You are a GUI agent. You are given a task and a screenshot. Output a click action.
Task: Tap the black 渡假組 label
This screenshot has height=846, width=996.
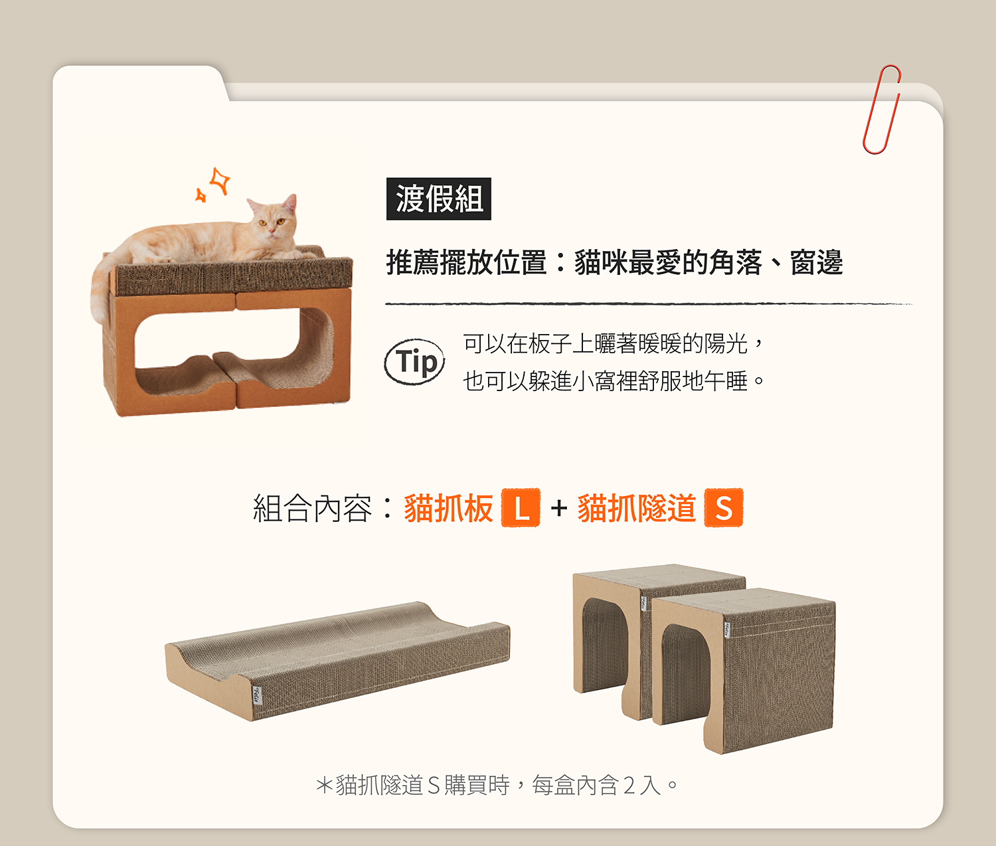click(x=438, y=199)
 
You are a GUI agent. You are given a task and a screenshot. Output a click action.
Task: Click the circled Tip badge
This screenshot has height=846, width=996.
click(x=414, y=361)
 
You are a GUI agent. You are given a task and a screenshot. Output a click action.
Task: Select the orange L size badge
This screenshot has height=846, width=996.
click(x=521, y=508)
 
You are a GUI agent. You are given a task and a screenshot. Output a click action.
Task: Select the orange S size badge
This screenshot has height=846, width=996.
click(x=724, y=508)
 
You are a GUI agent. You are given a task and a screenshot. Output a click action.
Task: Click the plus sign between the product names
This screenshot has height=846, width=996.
click(x=559, y=508)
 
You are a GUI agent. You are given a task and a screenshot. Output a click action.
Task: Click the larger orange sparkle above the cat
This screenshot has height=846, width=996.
click(x=220, y=181)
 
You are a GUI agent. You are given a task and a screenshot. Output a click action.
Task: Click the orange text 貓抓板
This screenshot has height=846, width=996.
click(x=449, y=508)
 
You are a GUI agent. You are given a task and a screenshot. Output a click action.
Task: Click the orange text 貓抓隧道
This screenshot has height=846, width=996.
click(x=637, y=508)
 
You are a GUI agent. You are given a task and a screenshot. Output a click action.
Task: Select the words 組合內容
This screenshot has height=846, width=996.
click(x=313, y=508)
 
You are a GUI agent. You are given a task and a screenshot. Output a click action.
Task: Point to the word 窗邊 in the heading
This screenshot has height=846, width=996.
click(x=816, y=262)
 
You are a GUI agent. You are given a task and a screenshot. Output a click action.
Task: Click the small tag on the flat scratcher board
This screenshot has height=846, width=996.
click(x=257, y=695)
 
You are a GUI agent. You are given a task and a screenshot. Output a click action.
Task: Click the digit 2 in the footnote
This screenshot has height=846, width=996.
click(x=629, y=786)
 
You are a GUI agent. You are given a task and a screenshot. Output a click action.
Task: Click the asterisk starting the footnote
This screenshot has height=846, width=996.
click(x=324, y=786)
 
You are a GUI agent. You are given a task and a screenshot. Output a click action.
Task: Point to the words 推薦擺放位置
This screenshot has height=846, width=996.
click(x=466, y=262)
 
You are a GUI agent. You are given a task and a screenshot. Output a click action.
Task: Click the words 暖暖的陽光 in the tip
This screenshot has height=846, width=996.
click(x=693, y=343)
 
